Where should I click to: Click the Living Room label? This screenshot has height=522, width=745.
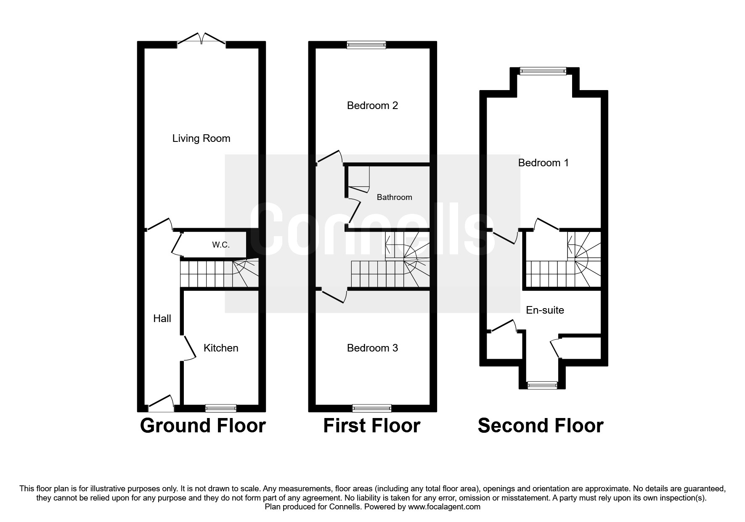point(201,138)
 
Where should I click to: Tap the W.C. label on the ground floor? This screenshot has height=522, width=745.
point(220,245)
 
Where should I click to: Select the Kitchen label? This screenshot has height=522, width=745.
point(221,348)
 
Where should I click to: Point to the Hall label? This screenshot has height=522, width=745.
point(162,319)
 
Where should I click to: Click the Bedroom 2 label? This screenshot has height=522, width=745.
point(372,106)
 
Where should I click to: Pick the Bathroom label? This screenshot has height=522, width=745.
point(394,197)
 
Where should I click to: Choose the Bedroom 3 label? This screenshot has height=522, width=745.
point(372,348)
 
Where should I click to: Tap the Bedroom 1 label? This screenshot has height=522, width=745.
point(543,163)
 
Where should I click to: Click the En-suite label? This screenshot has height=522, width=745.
point(545,310)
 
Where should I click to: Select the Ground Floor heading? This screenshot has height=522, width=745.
point(202,426)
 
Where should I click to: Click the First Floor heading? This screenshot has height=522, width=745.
point(371,426)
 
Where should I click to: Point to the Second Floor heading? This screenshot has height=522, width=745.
point(541,426)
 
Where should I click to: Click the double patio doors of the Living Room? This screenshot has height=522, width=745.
point(201,40)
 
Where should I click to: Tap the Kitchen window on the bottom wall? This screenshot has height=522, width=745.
point(221,408)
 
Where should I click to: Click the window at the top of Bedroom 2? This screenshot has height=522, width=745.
point(366,45)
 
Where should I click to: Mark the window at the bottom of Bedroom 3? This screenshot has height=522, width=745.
point(372,408)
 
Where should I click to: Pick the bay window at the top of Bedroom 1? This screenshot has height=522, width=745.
point(543,71)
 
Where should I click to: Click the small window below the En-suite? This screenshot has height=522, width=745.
point(542,385)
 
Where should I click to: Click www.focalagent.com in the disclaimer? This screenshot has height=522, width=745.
point(444,507)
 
